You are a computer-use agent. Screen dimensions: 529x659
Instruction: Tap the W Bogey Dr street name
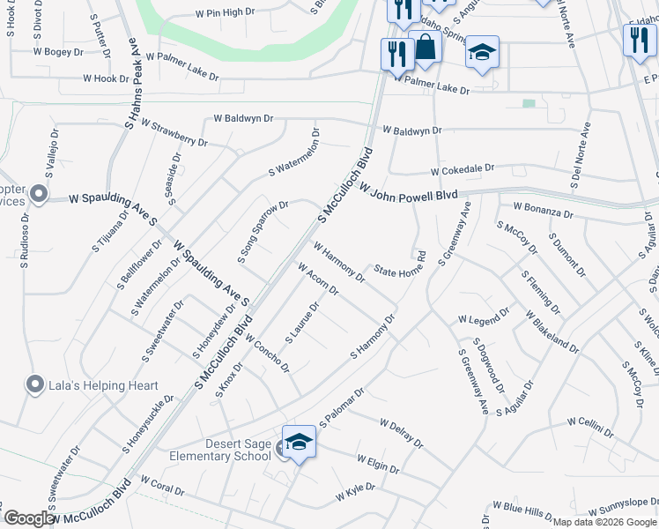coord(57,53)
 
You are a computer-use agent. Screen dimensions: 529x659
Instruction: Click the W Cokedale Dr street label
coord(463,168)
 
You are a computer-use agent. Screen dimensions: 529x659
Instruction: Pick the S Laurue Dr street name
coord(300,324)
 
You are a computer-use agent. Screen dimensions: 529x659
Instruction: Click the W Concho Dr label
coord(268,353)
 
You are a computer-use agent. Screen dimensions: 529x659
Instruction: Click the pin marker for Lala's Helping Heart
coord(35,384)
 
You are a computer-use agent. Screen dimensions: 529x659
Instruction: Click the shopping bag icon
coord(425,49)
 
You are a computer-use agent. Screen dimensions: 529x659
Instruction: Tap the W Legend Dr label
coord(484,315)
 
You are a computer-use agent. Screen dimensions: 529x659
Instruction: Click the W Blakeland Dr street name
coord(552,332)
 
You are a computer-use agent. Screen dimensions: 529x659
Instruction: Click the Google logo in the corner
coord(28,518)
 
